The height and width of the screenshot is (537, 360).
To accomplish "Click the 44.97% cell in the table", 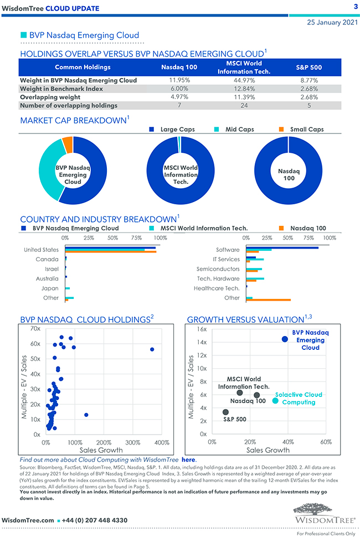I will (x=239, y=80).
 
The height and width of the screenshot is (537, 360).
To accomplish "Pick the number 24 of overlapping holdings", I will (x=239, y=105).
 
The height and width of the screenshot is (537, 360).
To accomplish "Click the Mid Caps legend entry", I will (x=239, y=130).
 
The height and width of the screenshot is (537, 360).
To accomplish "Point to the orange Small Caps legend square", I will (x=280, y=130).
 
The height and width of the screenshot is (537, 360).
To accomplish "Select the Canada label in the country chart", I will (x=47, y=259).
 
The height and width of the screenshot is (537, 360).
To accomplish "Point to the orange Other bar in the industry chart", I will (x=268, y=300).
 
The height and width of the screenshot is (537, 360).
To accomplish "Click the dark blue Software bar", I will (x=282, y=247).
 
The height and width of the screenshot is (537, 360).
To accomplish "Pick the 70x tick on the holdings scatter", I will (x=35, y=329).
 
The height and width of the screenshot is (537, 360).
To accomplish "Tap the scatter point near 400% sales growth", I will (x=152, y=349).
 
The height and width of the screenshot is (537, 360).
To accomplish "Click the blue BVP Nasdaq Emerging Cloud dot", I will (x=285, y=339).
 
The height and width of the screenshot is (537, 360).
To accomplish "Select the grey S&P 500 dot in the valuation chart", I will (x=225, y=412).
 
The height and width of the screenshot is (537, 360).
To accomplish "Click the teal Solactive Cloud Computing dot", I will (x=275, y=400).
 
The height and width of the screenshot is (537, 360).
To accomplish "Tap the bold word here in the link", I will (x=188, y=459).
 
